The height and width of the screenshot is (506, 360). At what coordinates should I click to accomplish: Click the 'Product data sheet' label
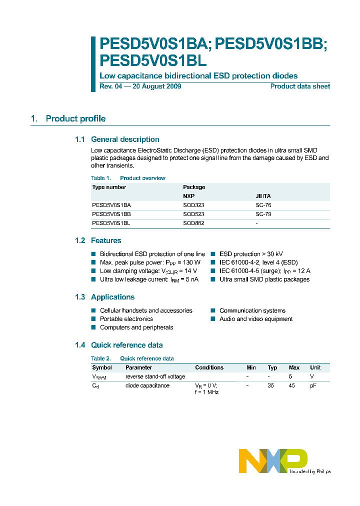[300, 86]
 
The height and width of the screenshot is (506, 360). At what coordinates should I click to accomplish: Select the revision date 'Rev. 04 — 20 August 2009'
[140, 86]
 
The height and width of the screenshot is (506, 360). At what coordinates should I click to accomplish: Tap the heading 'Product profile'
[75, 118]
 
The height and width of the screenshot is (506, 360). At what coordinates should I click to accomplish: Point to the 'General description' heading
[125, 139]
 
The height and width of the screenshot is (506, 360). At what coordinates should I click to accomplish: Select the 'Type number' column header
[109, 187]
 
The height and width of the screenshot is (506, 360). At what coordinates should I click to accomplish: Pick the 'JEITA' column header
[263, 196]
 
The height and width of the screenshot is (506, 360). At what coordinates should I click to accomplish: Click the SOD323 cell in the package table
[193, 205]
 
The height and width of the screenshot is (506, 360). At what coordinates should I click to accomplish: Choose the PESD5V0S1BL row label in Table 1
[111, 223]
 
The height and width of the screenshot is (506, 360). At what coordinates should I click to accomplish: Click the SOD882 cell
[193, 223]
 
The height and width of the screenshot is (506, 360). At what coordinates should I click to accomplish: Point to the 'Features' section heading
[106, 240]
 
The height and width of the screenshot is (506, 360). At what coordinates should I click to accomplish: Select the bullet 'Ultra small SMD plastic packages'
[264, 279]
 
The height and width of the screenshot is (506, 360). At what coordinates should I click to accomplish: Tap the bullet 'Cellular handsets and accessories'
[146, 310]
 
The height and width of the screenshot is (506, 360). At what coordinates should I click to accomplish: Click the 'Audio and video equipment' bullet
[256, 319]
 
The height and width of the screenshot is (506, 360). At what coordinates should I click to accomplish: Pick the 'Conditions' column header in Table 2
[209, 367]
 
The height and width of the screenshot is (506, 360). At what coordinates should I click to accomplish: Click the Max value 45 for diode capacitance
[293, 385]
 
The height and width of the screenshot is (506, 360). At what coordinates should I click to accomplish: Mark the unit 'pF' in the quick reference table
[313, 385]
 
